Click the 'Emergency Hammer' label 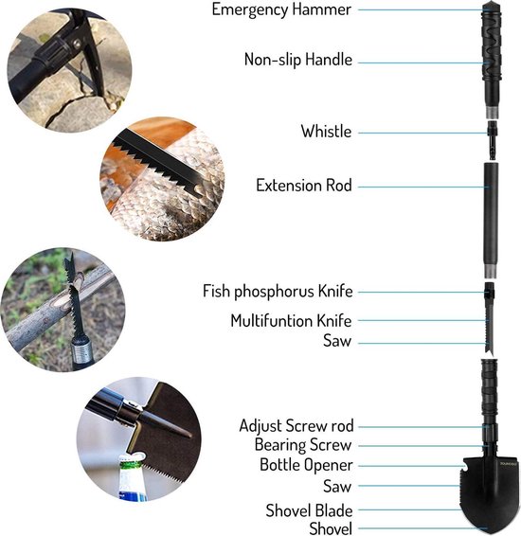coord(281,9)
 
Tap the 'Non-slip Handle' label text coord(298,60)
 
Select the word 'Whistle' coord(326,132)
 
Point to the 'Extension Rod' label coord(304,186)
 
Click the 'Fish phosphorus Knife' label coord(278,292)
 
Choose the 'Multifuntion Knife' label coord(291,321)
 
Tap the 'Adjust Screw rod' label coord(296,426)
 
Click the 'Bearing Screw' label coord(303,445)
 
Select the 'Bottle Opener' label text coord(306,465)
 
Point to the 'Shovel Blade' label coord(309,510)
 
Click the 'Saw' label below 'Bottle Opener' coord(337,486)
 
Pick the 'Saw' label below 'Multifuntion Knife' coord(337,341)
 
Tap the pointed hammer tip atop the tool coord(492,4)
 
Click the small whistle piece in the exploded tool coord(492,140)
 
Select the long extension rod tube coord(491,221)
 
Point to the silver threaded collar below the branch coord(82,353)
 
